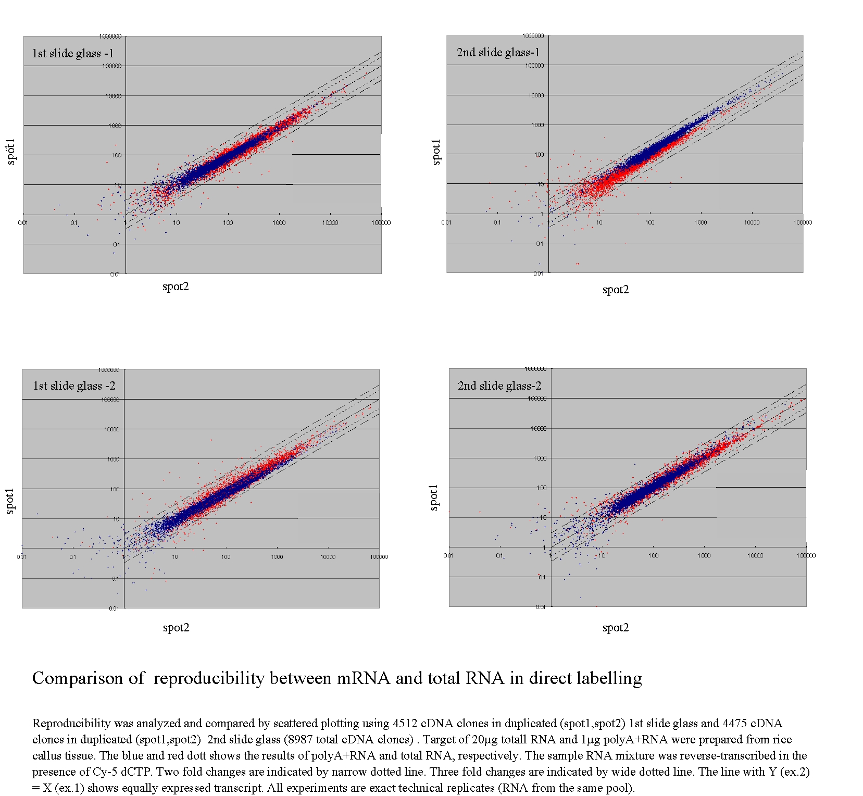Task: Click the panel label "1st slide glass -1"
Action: pyautogui.click(x=73, y=53)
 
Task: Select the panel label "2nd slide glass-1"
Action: pyautogui.click(x=498, y=52)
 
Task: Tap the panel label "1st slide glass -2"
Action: pyautogui.click(x=74, y=385)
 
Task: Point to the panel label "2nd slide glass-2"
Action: pyautogui.click(x=499, y=385)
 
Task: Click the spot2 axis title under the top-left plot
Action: pyautogui.click(x=176, y=286)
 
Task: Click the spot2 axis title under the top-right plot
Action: pyautogui.click(x=616, y=289)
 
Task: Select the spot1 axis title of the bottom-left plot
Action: pyautogui.click(x=10, y=501)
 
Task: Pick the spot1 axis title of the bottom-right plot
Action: pyautogui.click(x=433, y=497)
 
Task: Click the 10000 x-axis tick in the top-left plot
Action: pyautogui.click(x=330, y=223)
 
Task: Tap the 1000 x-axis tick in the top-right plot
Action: pyautogui.click(x=701, y=222)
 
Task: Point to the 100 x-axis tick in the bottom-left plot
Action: pyautogui.click(x=226, y=557)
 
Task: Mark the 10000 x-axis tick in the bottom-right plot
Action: pyautogui.click(x=755, y=556)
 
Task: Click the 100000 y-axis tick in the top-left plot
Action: pyautogui.click(x=112, y=66)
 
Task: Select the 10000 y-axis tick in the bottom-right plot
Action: pyautogui.click(x=538, y=429)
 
